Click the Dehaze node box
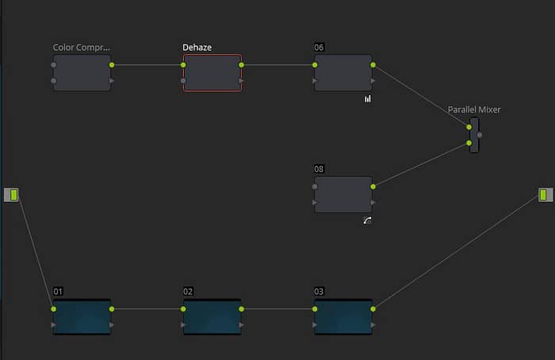pos(212,73)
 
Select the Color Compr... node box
pos(82,73)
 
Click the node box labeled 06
pos(343,73)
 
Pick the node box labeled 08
pos(343,195)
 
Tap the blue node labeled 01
pos(82,317)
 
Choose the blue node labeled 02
pos(212,317)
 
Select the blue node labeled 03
pos(343,317)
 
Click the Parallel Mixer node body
pos(474,136)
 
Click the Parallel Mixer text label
pos(474,109)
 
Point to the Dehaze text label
pos(197,48)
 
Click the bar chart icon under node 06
pos(368,99)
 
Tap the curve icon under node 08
pos(367,220)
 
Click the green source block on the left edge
pos(11,195)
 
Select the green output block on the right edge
pos(545,195)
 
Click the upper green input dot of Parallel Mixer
pos(469,127)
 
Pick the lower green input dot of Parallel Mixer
pos(469,143)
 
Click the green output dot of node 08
pos(373,186)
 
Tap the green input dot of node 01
pos(53,309)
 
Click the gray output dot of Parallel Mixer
pos(480,135)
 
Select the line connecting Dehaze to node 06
pos(278,65)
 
